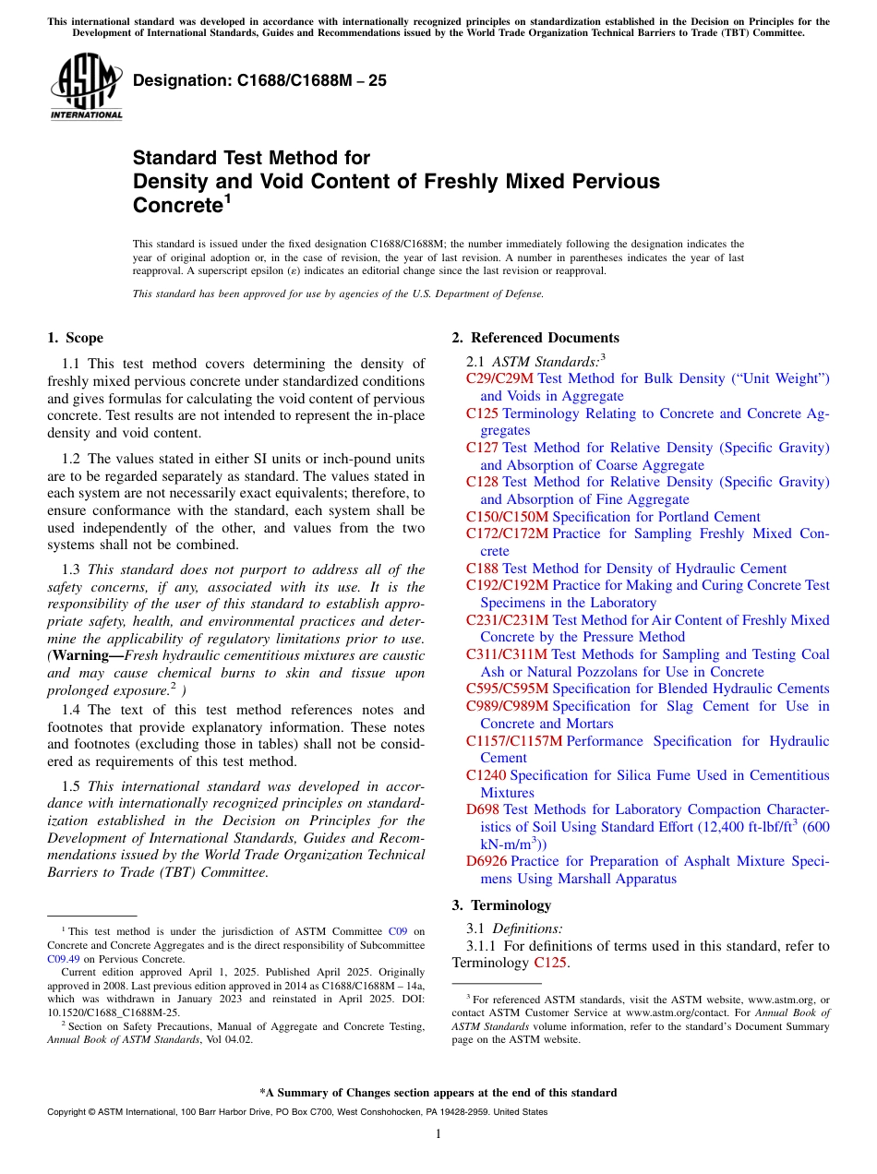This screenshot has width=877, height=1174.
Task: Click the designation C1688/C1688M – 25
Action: click(259, 81)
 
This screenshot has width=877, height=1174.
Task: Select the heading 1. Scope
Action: click(76, 338)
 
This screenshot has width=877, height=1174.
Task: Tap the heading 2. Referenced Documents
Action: click(535, 338)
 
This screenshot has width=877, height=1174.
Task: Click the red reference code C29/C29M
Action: click(499, 378)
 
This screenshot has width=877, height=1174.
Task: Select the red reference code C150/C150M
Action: click(507, 517)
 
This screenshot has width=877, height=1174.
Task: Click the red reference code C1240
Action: click(486, 775)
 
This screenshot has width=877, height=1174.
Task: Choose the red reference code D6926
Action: click(487, 861)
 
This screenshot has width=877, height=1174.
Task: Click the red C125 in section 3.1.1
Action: click(550, 964)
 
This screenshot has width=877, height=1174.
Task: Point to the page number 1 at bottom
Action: click(438, 1133)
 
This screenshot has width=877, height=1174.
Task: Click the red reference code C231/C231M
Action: click(507, 620)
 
